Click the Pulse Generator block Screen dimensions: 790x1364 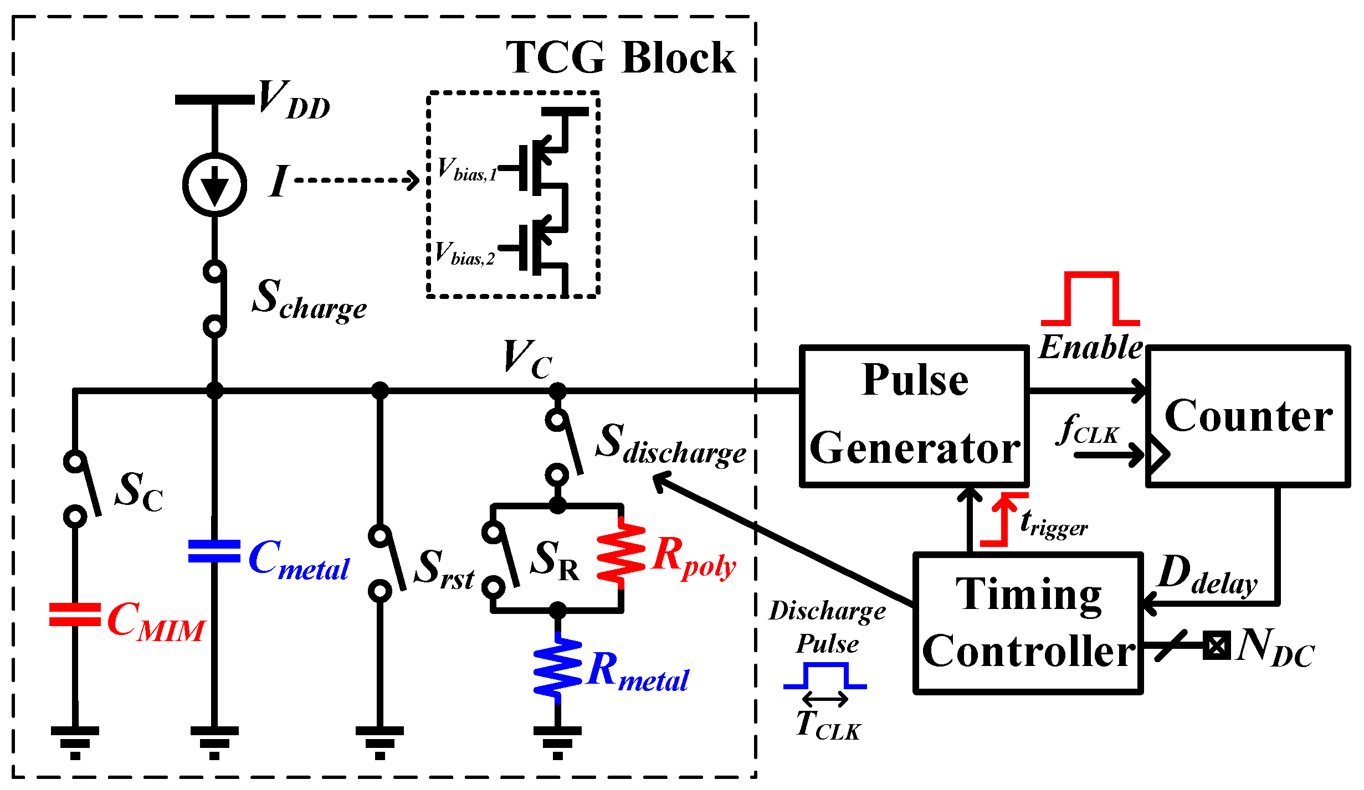click(x=914, y=415)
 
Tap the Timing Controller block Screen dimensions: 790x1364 click(x=1028, y=622)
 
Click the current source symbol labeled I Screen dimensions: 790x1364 click(x=214, y=184)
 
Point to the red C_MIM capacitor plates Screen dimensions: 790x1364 click(x=75, y=615)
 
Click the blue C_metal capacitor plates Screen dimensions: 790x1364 click(x=214, y=551)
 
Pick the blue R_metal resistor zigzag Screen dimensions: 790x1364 click(x=557, y=667)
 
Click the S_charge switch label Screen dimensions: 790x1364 click(x=309, y=300)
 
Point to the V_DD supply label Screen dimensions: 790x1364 click(x=294, y=100)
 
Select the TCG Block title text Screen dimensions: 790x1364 click(x=621, y=58)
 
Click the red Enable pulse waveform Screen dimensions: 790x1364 click(x=1090, y=299)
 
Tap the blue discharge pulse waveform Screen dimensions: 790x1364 click(x=825, y=676)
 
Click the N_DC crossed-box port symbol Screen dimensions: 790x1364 click(x=1217, y=645)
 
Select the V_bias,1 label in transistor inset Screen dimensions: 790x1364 click(x=466, y=169)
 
